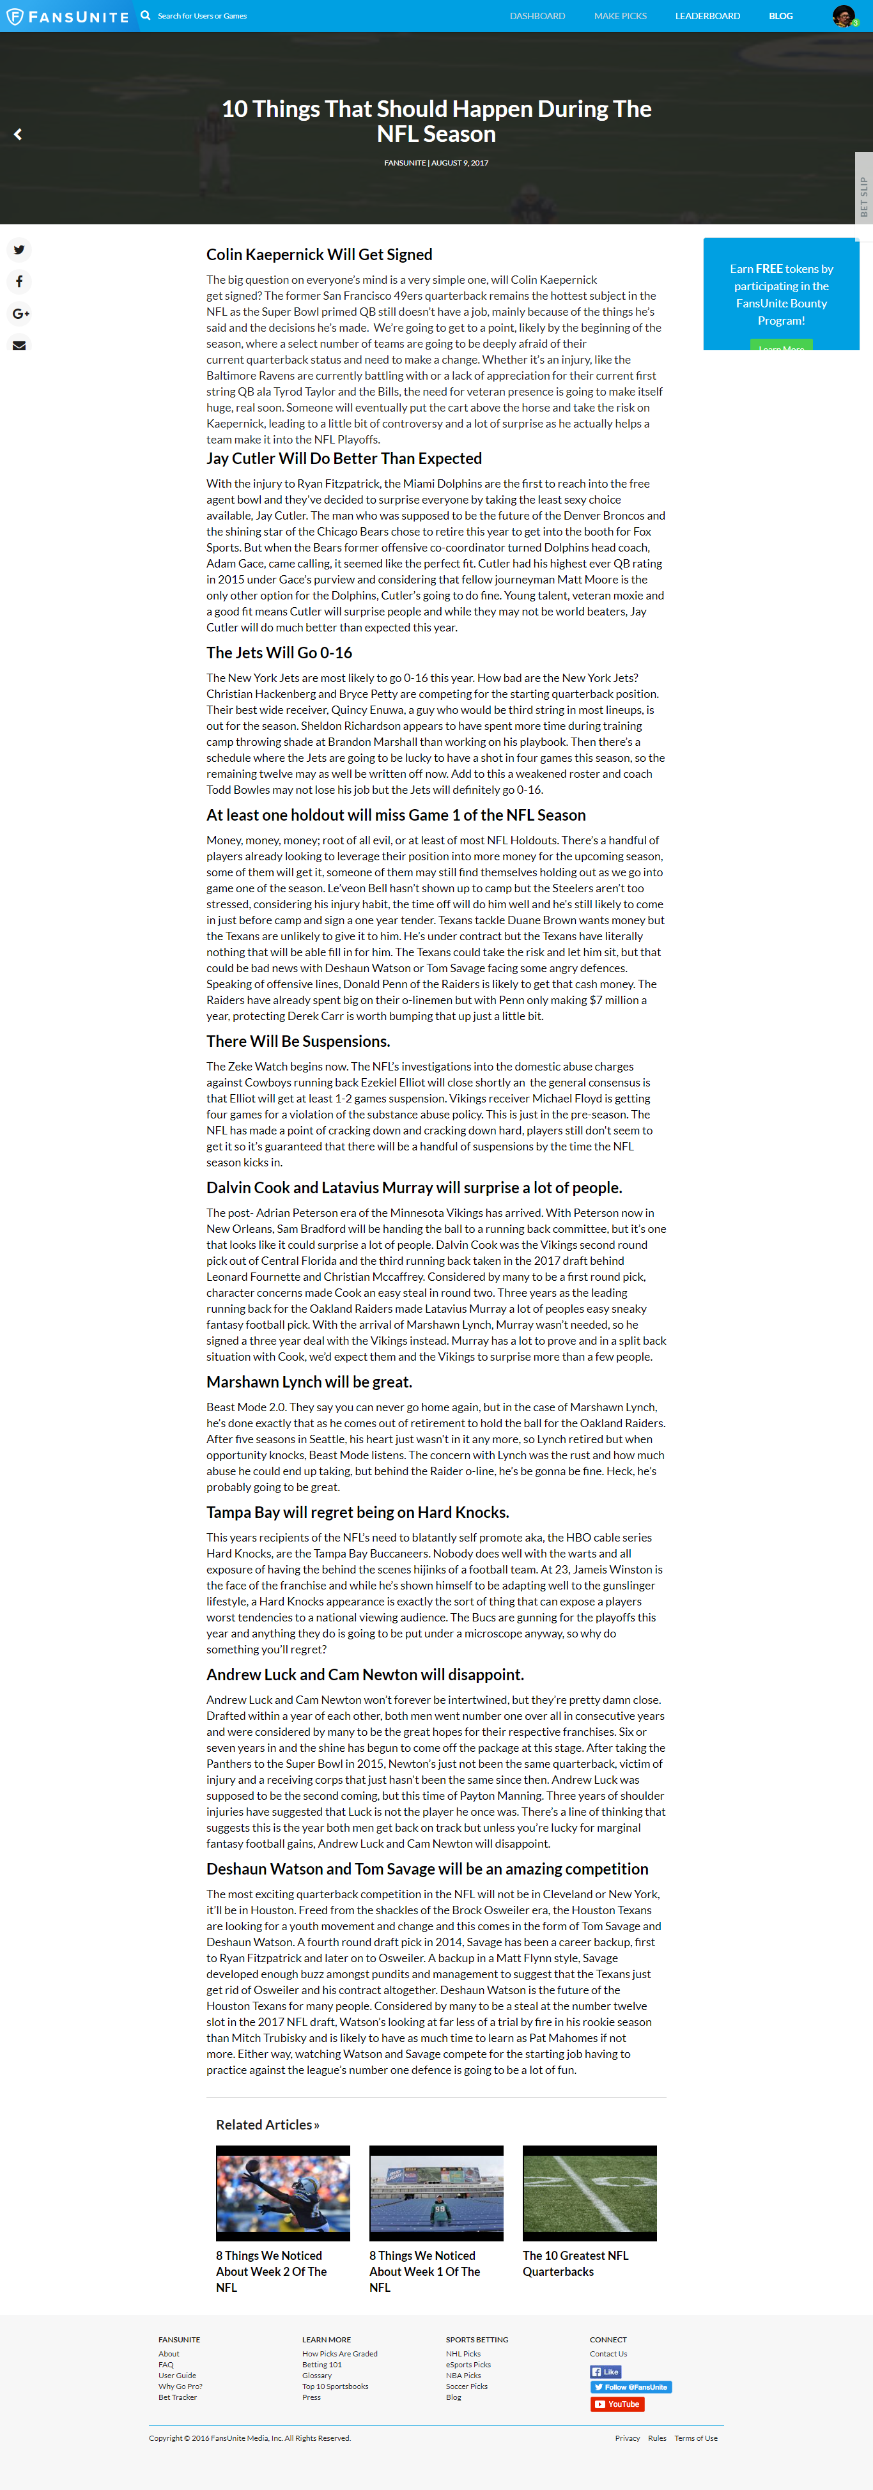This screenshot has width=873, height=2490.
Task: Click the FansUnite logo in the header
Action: pyautogui.click(x=68, y=17)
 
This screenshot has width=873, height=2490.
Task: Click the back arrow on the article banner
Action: pyautogui.click(x=17, y=134)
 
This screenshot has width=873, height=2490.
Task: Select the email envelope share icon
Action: pyautogui.click(x=19, y=346)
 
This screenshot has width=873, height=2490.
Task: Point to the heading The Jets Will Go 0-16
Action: pyautogui.click(x=279, y=653)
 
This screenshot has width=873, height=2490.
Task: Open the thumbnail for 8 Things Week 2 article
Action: pyautogui.click(x=282, y=2192)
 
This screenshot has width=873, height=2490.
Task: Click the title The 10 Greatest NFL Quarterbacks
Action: pyautogui.click(x=575, y=2263)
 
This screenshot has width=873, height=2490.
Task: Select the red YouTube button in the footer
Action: pyautogui.click(x=617, y=2404)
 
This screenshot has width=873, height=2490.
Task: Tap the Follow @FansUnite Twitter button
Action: pyautogui.click(x=630, y=2386)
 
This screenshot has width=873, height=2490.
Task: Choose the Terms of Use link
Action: pyautogui.click(x=695, y=2438)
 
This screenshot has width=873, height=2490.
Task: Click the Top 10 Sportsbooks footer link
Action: pyautogui.click(x=334, y=2386)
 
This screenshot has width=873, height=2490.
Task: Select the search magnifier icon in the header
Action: pyautogui.click(x=145, y=15)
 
